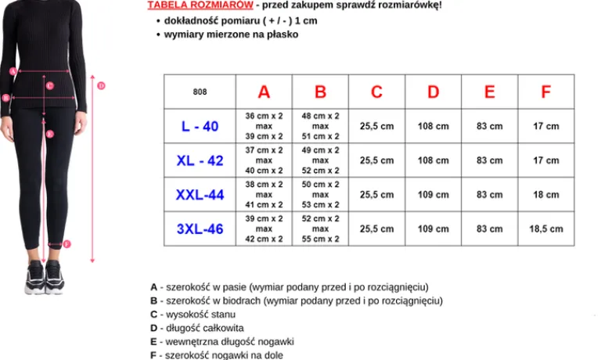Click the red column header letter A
(x=264, y=92)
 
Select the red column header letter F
(x=545, y=92)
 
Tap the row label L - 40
(x=200, y=126)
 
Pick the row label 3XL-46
(x=200, y=229)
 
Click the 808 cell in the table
(x=200, y=92)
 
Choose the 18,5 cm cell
(x=545, y=229)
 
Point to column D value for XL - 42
(x=433, y=160)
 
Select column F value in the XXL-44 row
(x=545, y=195)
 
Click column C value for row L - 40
(x=376, y=126)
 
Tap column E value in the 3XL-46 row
(x=489, y=229)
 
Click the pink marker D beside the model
(x=101, y=85)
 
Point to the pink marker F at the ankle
(x=67, y=244)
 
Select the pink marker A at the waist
(x=13, y=71)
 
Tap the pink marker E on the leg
(x=49, y=134)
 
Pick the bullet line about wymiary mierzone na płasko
(x=231, y=34)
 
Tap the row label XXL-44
(x=200, y=195)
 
